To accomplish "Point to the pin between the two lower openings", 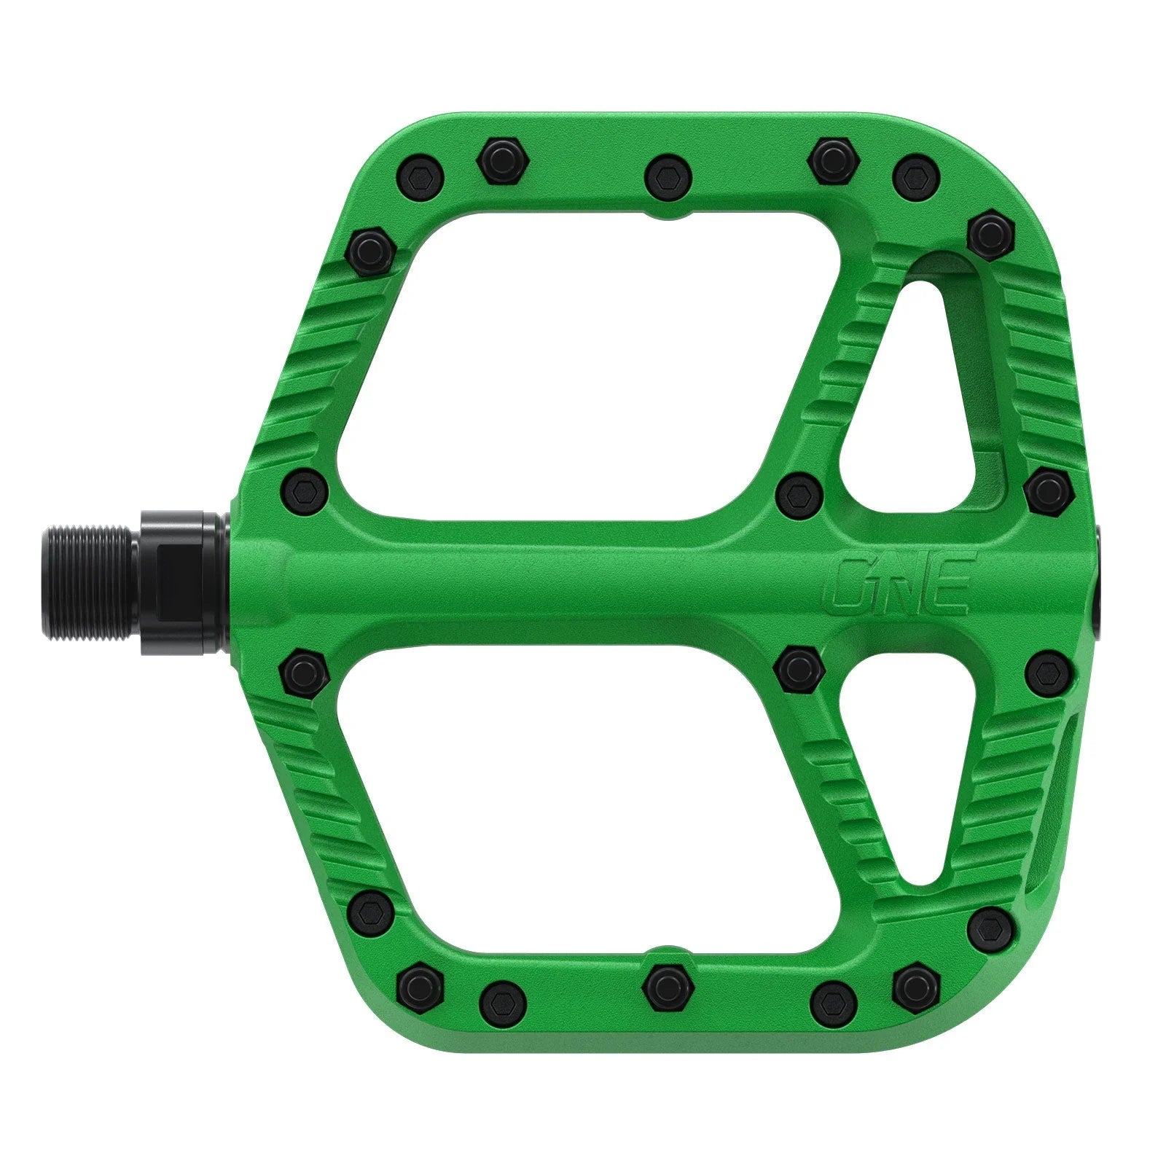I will (x=799, y=665).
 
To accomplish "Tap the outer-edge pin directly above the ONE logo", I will (x=1047, y=493).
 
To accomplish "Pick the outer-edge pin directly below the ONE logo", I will (x=1047, y=672).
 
